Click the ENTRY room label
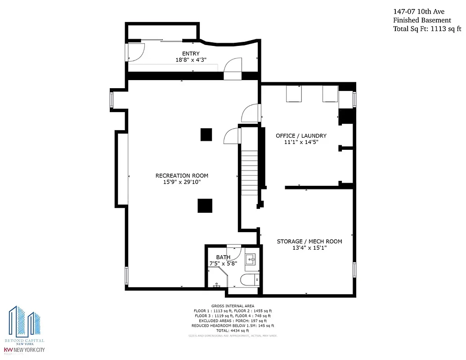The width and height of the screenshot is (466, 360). (191, 54)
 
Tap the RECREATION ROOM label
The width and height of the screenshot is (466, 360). (182, 175)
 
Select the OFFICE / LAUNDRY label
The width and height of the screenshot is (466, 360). (301, 135)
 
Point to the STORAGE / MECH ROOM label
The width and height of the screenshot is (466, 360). (309, 241)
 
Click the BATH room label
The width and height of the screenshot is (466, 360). (223, 257)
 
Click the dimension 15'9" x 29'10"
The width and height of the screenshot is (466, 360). (182, 182)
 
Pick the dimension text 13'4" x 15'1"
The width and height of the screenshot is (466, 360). (309, 248)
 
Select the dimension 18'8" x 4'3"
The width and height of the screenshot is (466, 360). (191, 60)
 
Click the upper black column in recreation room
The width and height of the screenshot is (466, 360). (206, 135)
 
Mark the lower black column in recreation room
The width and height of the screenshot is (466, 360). (205, 206)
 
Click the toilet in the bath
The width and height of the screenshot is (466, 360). (250, 280)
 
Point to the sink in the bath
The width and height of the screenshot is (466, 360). (251, 259)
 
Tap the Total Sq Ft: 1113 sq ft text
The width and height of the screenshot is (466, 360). (427, 29)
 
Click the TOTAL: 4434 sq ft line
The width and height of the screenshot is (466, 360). (232, 330)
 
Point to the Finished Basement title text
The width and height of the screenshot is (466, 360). (422, 20)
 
